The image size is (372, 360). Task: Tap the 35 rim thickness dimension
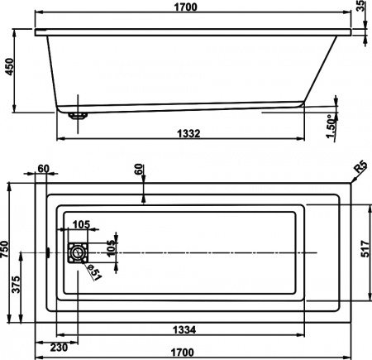(365, 14)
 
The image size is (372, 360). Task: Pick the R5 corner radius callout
(360, 170)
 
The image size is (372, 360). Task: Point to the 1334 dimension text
(185, 330)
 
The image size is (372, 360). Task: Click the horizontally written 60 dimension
(43, 169)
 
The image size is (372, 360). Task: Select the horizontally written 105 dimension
(80, 224)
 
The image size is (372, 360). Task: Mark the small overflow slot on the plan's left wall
(50, 252)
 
